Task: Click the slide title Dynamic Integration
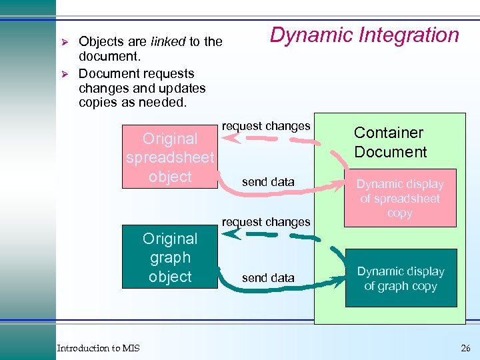click(364, 35)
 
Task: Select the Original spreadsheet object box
click(170, 157)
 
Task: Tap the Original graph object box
click(170, 257)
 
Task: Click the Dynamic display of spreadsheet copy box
click(400, 198)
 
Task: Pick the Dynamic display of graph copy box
click(401, 278)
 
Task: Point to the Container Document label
click(390, 142)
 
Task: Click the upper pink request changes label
click(266, 126)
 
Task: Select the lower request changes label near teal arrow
click(266, 221)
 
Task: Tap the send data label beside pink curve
click(268, 182)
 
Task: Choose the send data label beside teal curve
click(268, 278)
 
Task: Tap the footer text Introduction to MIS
click(98, 348)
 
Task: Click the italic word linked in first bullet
click(168, 41)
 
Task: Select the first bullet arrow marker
click(65, 41)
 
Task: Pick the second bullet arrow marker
click(65, 73)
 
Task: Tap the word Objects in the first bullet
click(101, 41)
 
